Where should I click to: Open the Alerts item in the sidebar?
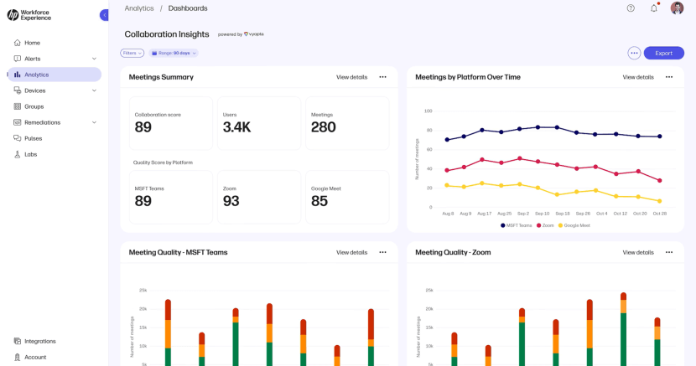pos(32,59)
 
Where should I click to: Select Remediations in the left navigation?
pos(42,122)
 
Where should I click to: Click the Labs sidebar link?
pos(30,154)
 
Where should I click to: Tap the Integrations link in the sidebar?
pos(39,341)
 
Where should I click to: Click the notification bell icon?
pos(654,8)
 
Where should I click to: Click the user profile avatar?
pos(677,8)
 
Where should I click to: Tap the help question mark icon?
pos(631,8)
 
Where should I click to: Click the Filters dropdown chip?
pos(132,53)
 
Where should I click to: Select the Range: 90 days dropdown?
pos(174,53)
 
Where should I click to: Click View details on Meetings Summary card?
pos(351,77)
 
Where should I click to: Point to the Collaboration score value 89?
pos(143,127)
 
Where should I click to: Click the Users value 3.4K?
pos(236,127)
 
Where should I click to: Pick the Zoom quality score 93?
pos(231,201)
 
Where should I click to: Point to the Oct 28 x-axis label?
pos(659,214)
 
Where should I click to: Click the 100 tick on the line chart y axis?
pos(428,111)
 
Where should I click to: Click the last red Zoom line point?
pos(659,180)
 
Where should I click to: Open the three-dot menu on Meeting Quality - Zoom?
pos(668,252)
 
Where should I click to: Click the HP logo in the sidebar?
pos(13,15)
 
